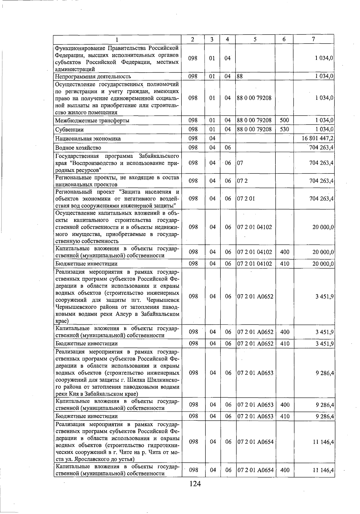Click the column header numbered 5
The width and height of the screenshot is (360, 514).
tap(255, 39)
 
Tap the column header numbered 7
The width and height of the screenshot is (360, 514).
tap(313, 39)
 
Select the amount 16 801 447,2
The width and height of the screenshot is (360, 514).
tap(319, 139)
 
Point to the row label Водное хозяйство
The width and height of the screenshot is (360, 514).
tap(78, 148)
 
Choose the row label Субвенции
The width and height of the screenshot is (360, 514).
tap(69, 130)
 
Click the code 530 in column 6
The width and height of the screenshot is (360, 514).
tap(284, 129)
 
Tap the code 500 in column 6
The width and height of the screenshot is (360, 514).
tap(284, 120)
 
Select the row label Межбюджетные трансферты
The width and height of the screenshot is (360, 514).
tap(92, 121)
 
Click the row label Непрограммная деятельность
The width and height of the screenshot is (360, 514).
tap(93, 77)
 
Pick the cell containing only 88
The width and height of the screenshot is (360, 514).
tap(240, 76)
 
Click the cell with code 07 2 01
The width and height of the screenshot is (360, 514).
tap(246, 198)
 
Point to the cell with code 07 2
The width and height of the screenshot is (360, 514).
tap(242, 181)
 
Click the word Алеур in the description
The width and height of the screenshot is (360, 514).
tap(124, 314)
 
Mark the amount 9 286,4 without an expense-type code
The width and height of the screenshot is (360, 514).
tap(325, 373)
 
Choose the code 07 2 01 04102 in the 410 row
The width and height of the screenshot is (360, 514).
tap(255, 264)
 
